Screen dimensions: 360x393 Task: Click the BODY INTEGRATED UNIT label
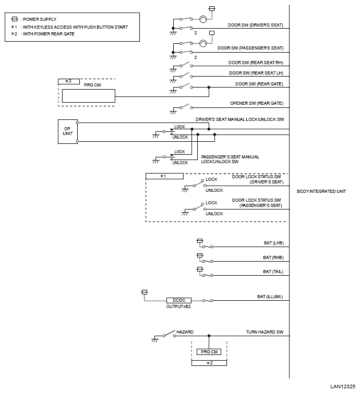(321, 191)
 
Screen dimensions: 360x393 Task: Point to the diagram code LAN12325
(343, 386)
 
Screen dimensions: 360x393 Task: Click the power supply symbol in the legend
(15, 19)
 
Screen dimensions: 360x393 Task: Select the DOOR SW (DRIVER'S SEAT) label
(255, 25)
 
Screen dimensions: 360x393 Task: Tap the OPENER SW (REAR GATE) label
(257, 103)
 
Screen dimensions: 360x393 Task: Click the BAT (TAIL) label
(273, 272)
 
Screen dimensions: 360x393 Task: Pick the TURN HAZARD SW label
(265, 332)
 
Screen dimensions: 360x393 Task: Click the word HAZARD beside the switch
(185, 332)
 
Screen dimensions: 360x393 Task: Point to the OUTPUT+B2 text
(178, 306)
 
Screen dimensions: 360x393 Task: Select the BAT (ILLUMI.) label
(270, 297)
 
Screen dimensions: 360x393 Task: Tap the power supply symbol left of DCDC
(145, 292)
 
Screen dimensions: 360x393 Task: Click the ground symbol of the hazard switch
(155, 340)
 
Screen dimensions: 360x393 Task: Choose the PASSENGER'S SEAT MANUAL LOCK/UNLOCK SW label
(230, 159)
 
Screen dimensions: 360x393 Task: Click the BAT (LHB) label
(274, 243)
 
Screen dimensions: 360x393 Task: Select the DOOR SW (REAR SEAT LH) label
(256, 73)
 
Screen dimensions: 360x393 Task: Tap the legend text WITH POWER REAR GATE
(49, 34)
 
